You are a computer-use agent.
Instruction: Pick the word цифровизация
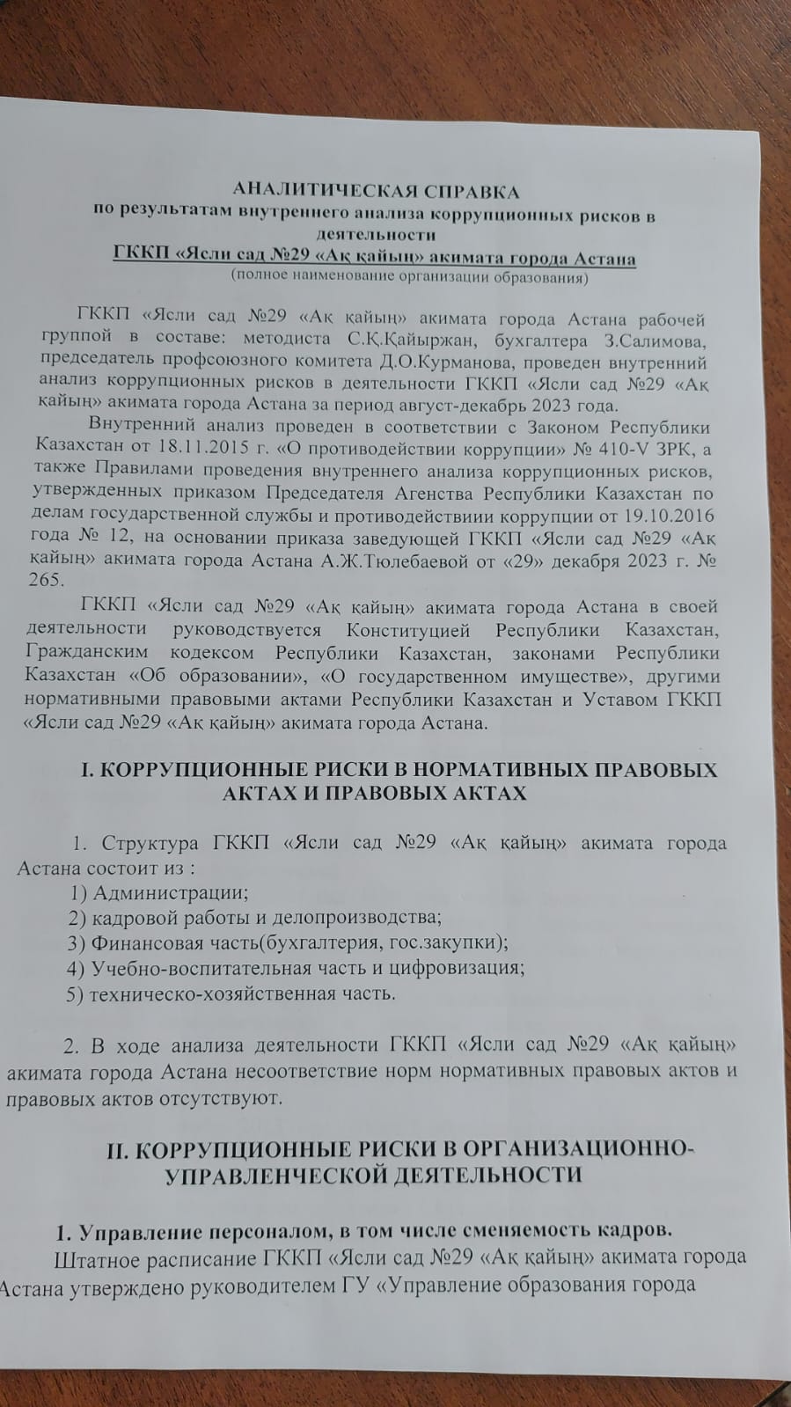462,968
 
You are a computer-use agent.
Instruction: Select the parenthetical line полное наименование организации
408,278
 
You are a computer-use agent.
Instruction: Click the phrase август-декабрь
459,406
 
